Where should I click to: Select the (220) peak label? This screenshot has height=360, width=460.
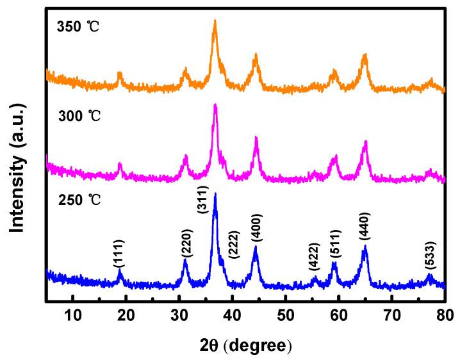click(x=186, y=244)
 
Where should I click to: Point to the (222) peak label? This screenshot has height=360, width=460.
click(x=234, y=243)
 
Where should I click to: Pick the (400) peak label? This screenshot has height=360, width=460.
click(x=256, y=231)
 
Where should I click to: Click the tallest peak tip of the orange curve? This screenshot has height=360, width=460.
click(x=215, y=20)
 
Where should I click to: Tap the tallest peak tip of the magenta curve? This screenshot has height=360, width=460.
click(x=215, y=104)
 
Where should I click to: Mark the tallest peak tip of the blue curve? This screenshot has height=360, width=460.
click(x=215, y=193)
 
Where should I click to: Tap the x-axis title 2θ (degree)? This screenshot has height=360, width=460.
click(x=245, y=345)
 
